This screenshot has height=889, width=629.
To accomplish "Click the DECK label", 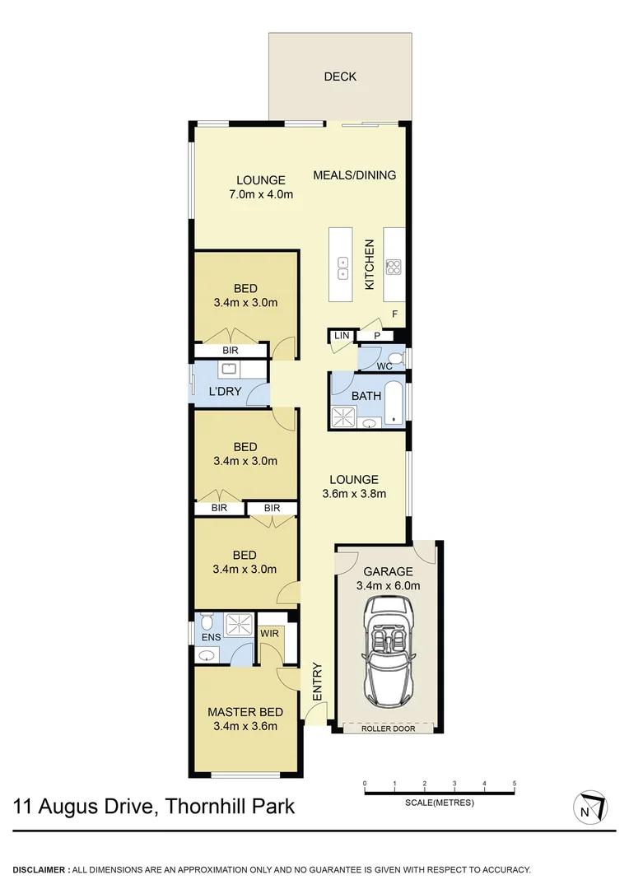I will point(340,77).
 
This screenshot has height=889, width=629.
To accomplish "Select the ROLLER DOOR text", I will point(387,728).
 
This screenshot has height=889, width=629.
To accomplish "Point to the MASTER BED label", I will point(245,712).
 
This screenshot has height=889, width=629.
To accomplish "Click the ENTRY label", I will point(317,682).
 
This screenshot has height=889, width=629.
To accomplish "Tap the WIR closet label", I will point(268,634).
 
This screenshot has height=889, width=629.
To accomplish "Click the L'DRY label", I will point(225,391).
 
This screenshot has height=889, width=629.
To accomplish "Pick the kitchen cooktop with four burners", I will point(394,267).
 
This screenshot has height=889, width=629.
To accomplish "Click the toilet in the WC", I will point(396,358).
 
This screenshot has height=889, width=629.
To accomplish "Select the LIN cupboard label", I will point(340,336).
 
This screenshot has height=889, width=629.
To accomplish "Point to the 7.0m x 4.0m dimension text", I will point(261,195).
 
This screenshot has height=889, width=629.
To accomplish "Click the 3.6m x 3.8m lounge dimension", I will point(354,494).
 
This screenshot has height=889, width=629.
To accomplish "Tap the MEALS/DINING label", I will point(355,175).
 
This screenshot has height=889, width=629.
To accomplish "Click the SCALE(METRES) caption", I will point(440,803).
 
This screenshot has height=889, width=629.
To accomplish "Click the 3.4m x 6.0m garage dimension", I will point(387,586).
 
